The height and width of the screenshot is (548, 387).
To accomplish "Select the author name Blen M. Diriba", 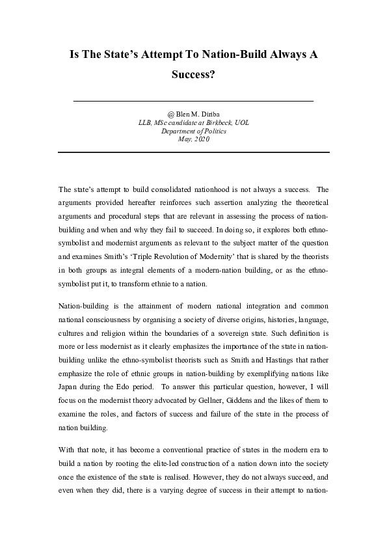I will (197, 114).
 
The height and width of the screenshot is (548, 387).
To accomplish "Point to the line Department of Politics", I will (193, 131).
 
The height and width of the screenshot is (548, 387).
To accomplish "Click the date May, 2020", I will (193, 139).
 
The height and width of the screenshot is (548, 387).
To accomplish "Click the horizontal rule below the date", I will (193, 152).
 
